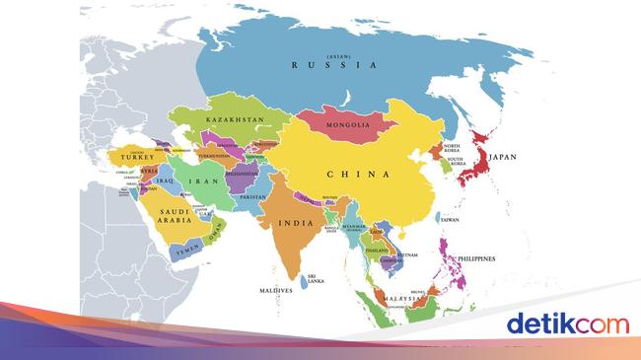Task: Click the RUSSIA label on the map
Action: [334, 65]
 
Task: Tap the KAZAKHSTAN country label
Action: [236, 119]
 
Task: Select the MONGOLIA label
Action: [348, 125]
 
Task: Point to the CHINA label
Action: [358, 175]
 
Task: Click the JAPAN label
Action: [502, 156]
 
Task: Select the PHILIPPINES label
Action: [475, 259]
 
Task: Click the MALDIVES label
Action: [275, 291]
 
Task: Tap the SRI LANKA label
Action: [317, 279]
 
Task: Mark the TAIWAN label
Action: [450, 220]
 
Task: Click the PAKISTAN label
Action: [252, 197]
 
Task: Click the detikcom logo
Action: [566, 324]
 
